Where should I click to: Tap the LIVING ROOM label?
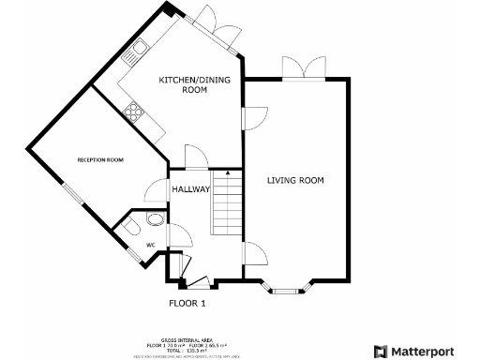pyautogui.click(x=295, y=180)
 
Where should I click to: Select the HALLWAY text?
pyautogui.click(x=190, y=189)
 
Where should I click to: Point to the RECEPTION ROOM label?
pyautogui.click(x=100, y=160)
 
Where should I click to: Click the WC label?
pyautogui.click(x=149, y=246)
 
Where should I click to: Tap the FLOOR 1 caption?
pyautogui.click(x=187, y=303)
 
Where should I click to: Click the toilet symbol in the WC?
pyautogui.click(x=132, y=228)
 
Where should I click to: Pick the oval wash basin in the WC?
pyautogui.click(x=155, y=219)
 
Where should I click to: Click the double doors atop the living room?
pyautogui.click(x=298, y=67)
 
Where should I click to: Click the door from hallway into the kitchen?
pyautogui.click(x=195, y=157)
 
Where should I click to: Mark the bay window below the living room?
pyautogui.click(x=291, y=288)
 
